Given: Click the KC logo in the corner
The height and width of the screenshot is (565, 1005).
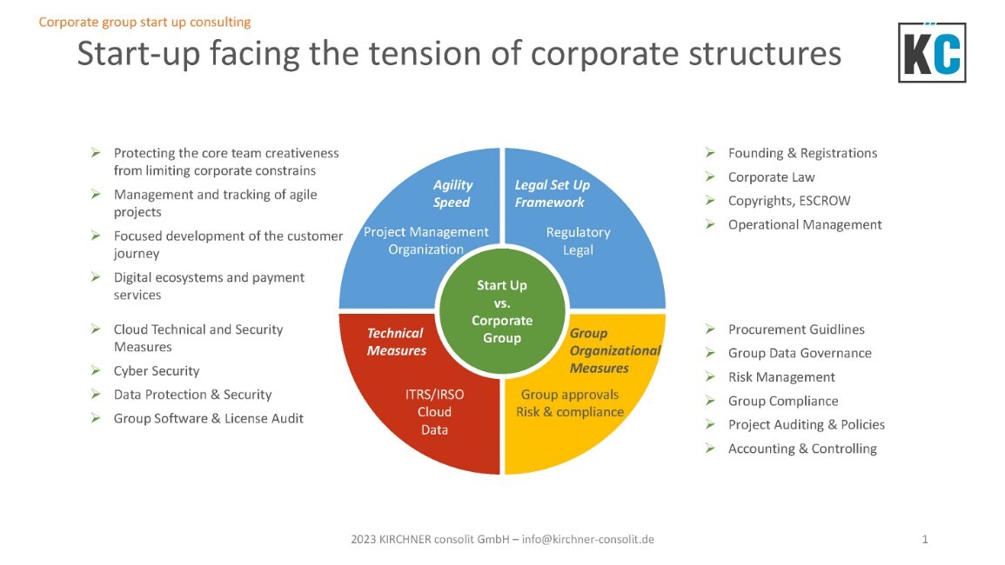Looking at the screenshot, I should [x=932, y=53].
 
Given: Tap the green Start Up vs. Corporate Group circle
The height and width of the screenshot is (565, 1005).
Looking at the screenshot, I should [x=502, y=311].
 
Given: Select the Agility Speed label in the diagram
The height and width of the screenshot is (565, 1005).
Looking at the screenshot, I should [x=452, y=194].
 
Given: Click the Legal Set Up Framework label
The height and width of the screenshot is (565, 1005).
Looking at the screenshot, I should [x=552, y=194].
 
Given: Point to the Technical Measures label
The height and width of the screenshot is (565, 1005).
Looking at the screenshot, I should [x=396, y=342].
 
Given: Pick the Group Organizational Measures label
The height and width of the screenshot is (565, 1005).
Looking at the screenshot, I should [x=614, y=350].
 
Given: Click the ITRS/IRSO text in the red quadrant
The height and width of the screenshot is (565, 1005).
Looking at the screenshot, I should [x=434, y=395].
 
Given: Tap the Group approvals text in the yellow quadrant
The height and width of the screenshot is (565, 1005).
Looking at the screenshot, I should [x=570, y=395].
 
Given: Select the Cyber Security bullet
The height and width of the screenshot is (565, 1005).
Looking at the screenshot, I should [x=157, y=371].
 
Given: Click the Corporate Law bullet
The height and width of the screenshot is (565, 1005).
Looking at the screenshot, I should [x=771, y=177].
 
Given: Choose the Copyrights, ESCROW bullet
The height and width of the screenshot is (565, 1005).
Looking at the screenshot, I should [x=789, y=201].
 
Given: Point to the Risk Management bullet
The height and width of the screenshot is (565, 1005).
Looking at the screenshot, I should [x=781, y=377].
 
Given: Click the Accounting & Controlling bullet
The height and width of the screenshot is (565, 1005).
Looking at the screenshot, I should [x=802, y=449].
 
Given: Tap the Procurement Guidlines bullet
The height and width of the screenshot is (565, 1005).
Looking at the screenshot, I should [x=796, y=329].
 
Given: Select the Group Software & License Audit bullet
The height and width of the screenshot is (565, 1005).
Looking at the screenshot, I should [x=209, y=418].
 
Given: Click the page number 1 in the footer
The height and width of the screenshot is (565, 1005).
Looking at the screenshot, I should [x=925, y=540].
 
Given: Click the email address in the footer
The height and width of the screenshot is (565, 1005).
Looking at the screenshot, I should [x=588, y=540].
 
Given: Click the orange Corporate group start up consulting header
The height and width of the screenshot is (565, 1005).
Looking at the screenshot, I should [x=145, y=22].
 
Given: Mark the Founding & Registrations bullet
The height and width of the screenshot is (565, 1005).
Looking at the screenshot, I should [x=802, y=153].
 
